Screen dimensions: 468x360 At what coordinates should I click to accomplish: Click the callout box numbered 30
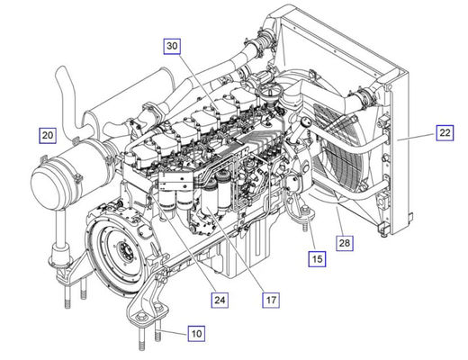172,46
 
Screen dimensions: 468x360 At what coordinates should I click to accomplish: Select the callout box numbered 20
48,135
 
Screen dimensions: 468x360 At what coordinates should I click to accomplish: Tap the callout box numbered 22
445,132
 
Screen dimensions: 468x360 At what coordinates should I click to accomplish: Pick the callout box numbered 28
345,243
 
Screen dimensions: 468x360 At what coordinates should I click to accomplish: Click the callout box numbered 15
318,258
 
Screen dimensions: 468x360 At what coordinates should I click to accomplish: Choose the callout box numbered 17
271,300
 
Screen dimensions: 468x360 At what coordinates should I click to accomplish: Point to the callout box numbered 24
220,300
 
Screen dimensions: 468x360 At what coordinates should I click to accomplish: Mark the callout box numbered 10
196,334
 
